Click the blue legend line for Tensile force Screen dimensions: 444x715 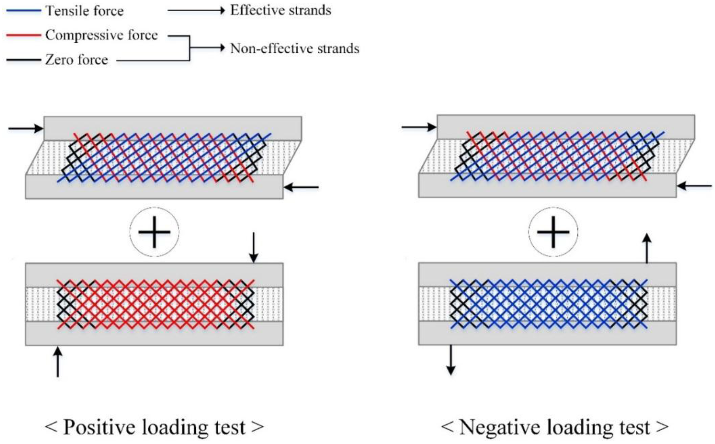(x=24, y=11)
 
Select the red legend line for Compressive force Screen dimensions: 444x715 (x=24, y=35)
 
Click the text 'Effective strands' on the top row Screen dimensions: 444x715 (x=281, y=11)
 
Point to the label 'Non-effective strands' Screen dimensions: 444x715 (x=294, y=49)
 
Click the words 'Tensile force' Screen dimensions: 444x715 (x=84, y=11)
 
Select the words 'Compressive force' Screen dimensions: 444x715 (x=101, y=36)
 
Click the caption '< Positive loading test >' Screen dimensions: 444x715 (x=154, y=427)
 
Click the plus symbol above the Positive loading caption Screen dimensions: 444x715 (x=154, y=232)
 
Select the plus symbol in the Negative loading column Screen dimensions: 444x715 (x=553, y=232)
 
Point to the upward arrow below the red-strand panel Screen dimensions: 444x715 (x=58, y=362)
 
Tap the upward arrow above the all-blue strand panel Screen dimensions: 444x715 (x=647, y=248)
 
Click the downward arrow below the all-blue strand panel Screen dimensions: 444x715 (x=451, y=360)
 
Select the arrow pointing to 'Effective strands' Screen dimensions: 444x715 (x=196, y=11)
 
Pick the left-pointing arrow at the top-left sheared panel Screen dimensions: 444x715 (x=301, y=187)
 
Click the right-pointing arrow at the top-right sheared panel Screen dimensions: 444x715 (x=419, y=127)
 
